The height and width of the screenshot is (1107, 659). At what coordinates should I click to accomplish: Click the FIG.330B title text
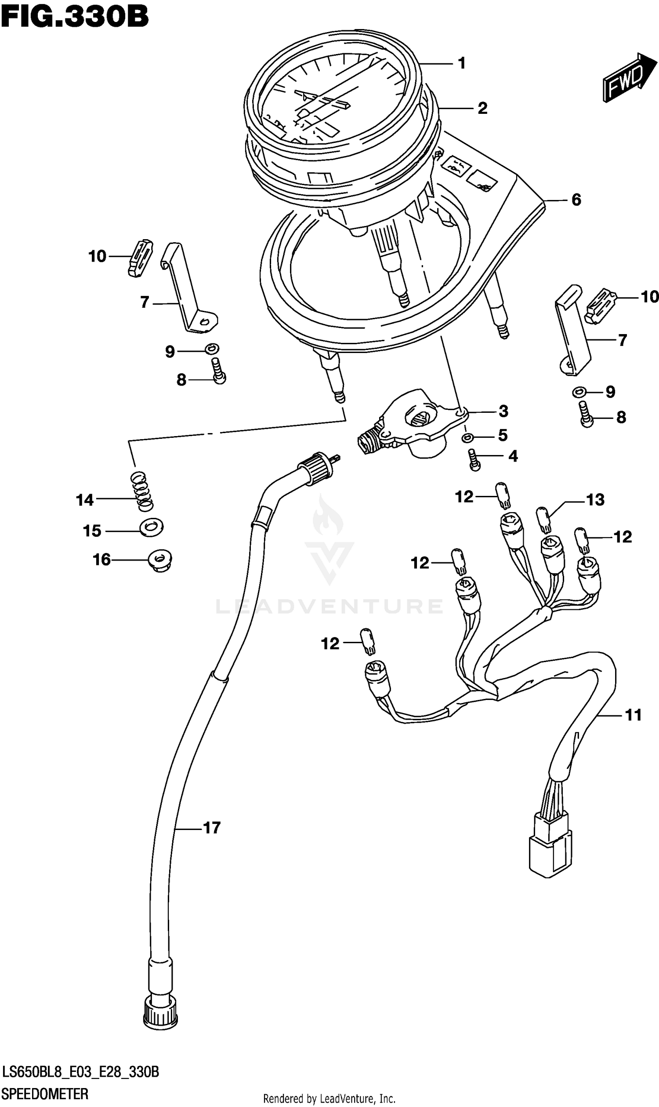(x=74, y=17)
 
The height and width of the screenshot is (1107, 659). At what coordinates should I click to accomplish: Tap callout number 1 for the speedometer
(x=462, y=64)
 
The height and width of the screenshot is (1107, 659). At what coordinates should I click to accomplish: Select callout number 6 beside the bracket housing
(x=576, y=200)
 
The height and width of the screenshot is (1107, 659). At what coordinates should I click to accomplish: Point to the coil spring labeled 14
(x=141, y=491)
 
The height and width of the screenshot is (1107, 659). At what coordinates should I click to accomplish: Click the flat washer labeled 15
(x=152, y=527)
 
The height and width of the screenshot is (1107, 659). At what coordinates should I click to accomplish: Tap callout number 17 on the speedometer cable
(x=211, y=828)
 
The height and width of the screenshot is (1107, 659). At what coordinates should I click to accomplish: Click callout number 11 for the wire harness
(x=633, y=715)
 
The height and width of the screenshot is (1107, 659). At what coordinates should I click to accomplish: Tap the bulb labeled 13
(x=543, y=519)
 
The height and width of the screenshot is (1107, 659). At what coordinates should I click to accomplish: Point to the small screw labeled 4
(x=475, y=459)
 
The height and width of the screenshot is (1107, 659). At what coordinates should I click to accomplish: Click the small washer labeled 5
(x=467, y=438)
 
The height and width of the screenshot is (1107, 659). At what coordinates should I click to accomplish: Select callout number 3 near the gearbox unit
(x=503, y=411)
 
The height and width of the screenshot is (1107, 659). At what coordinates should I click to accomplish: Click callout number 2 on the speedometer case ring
(x=482, y=109)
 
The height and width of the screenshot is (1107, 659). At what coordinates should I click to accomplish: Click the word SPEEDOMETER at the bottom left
(x=45, y=1094)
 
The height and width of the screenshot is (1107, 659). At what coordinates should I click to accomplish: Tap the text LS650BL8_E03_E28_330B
(x=80, y=1072)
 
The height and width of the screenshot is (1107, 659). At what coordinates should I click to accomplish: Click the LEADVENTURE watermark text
(x=329, y=607)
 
